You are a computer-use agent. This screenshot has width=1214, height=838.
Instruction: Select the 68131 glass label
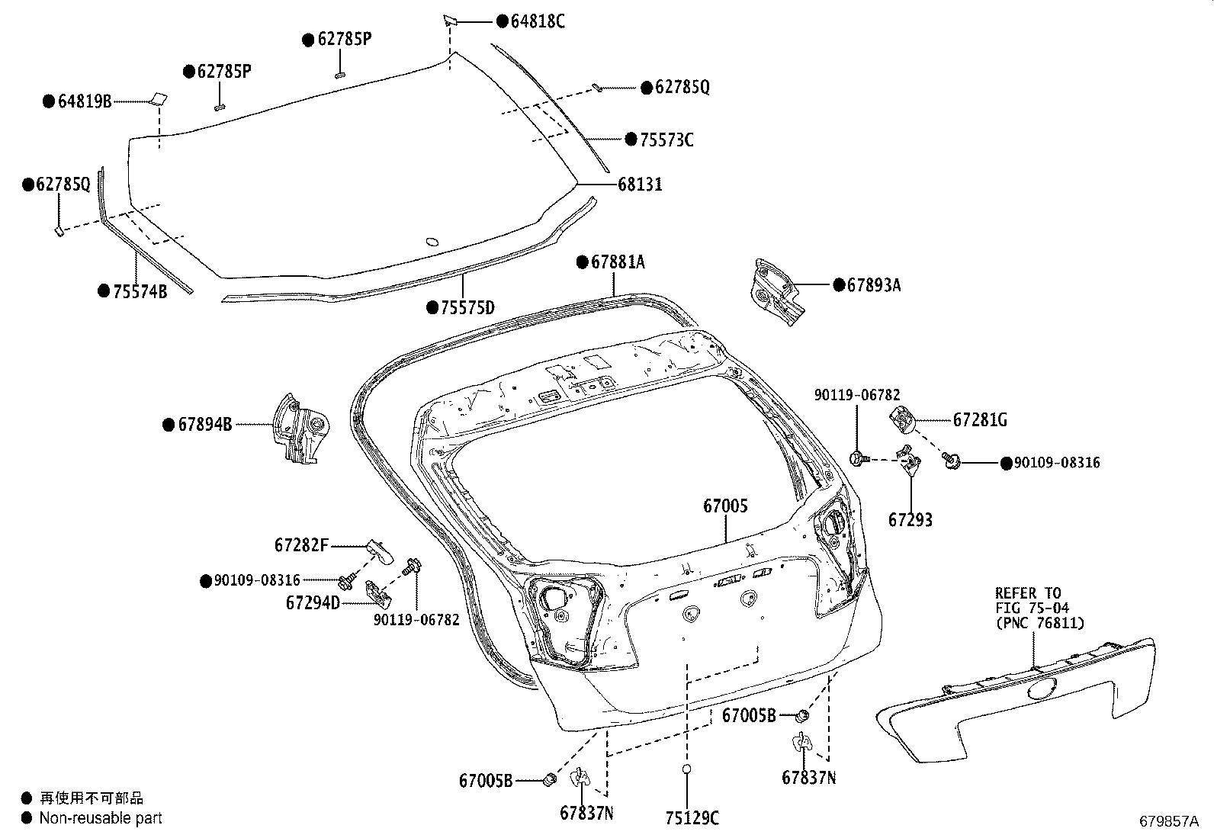click(640, 185)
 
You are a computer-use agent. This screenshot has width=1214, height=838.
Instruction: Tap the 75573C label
click(666, 140)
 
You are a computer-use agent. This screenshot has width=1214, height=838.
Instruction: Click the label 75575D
click(467, 308)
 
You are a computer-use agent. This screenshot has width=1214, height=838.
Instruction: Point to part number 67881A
click(617, 262)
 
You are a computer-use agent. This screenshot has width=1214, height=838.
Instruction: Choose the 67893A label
click(873, 285)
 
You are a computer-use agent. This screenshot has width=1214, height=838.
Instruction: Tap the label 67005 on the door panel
click(725, 506)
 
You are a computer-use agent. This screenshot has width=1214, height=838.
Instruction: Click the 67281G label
click(980, 420)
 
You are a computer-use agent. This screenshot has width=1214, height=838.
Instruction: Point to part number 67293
click(910, 520)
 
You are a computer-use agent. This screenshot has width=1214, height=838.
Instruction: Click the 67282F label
click(301, 545)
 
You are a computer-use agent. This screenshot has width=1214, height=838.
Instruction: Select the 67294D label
click(313, 603)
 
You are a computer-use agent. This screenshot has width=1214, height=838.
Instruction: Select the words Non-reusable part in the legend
click(101, 818)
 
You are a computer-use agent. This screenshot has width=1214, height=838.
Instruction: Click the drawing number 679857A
click(1169, 821)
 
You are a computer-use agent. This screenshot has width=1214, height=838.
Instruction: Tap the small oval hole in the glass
click(431, 242)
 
